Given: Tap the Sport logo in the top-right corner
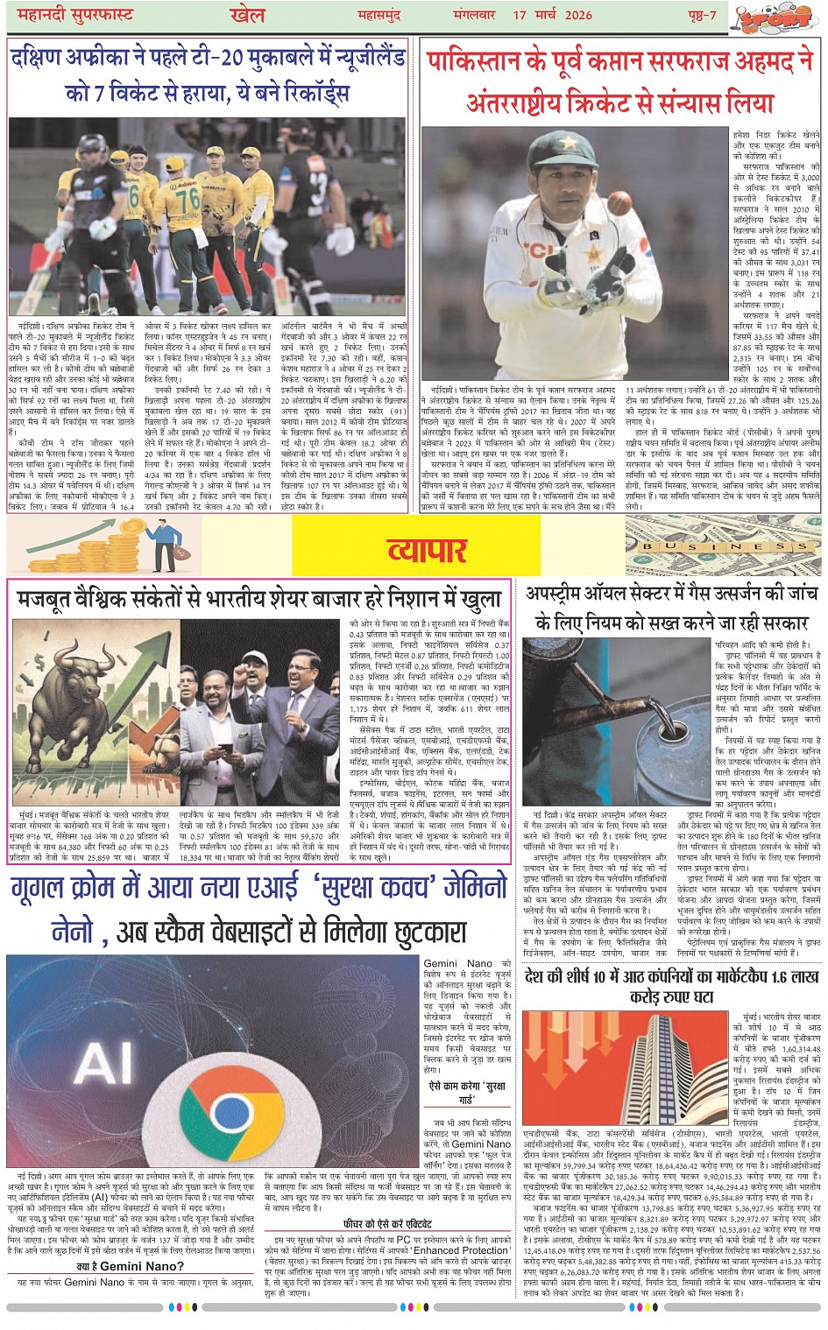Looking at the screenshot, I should tap(774, 17).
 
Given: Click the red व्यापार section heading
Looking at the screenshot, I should tap(428, 549).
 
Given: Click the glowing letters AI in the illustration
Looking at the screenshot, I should tap(103, 1063).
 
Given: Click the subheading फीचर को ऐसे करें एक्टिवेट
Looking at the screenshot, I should tap(386, 1223).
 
